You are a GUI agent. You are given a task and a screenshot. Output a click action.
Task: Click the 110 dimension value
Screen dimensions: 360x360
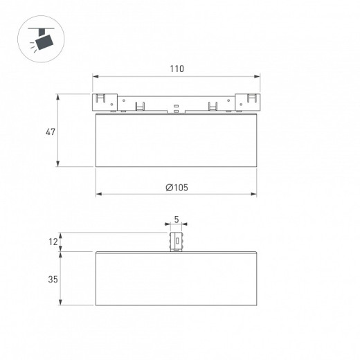(x=177, y=69)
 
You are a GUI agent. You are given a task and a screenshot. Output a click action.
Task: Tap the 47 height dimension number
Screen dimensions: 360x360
(x=51, y=132)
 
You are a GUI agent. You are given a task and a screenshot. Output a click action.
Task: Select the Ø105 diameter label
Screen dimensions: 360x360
(x=177, y=188)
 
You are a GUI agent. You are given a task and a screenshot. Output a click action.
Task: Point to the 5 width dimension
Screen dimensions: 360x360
(x=177, y=219)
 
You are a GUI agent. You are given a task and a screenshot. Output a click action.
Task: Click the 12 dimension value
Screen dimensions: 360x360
(x=53, y=242)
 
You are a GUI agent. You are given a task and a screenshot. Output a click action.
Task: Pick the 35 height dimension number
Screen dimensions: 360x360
(x=53, y=280)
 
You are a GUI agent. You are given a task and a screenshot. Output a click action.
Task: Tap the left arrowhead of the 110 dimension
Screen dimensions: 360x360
(x=96, y=76)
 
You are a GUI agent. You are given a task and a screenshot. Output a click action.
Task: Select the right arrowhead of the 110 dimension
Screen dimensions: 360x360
(x=257, y=76)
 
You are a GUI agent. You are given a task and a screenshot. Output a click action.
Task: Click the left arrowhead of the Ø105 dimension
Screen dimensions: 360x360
(x=99, y=194)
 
